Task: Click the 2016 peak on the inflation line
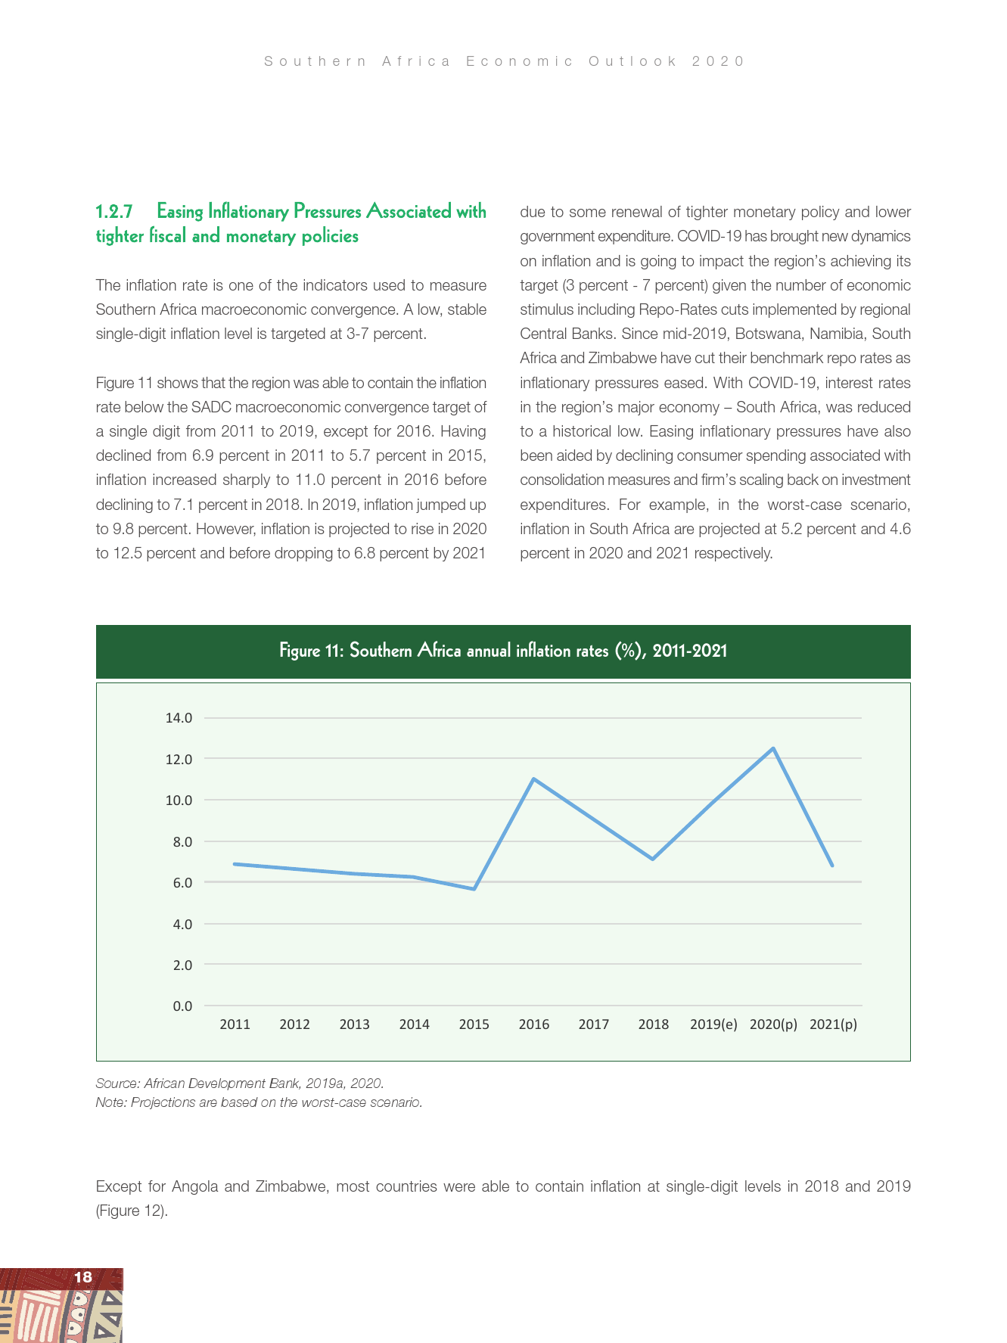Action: pyautogui.click(x=533, y=779)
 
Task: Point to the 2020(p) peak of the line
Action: pyautogui.click(x=772, y=748)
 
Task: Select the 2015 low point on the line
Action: pyautogui.click(x=474, y=888)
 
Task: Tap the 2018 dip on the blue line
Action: pyautogui.click(x=652, y=859)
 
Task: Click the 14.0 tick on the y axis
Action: pyautogui.click(x=179, y=717)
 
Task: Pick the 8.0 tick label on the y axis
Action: pyautogui.click(x=179, y=841)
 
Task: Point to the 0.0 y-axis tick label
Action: pyautogui.click(x=182, y=1006)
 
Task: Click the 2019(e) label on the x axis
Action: pyautogui.click(x=713, y=1024)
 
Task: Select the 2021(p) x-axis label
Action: pyautogui.click(x=832, y=1024)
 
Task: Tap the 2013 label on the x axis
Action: pyautogui.click(x=354, y=1024)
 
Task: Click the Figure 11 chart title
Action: pyautogui.click(x=503, y=651)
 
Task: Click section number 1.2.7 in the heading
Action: pyautogui.click(x=114, y=211)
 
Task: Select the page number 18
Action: pyautogui.click(x=82, y=1277)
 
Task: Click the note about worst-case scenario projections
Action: pyautogui.click(x=259, y=1102)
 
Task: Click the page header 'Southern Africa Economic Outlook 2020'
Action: pyautogui.click(x=504, y=61)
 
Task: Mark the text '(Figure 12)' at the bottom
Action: pyautogui.click(x=131, y=1211)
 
